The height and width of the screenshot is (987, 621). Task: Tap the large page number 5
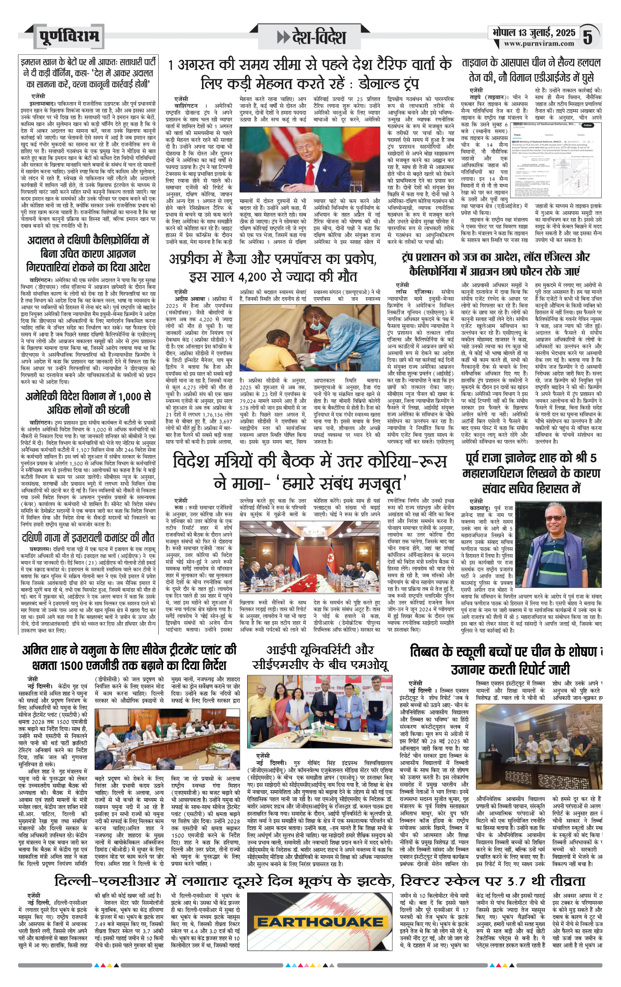coord(588,37)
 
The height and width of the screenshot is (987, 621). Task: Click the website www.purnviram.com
coord(539,43)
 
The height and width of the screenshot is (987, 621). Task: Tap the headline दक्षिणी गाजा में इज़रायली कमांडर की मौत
coord(88,537)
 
